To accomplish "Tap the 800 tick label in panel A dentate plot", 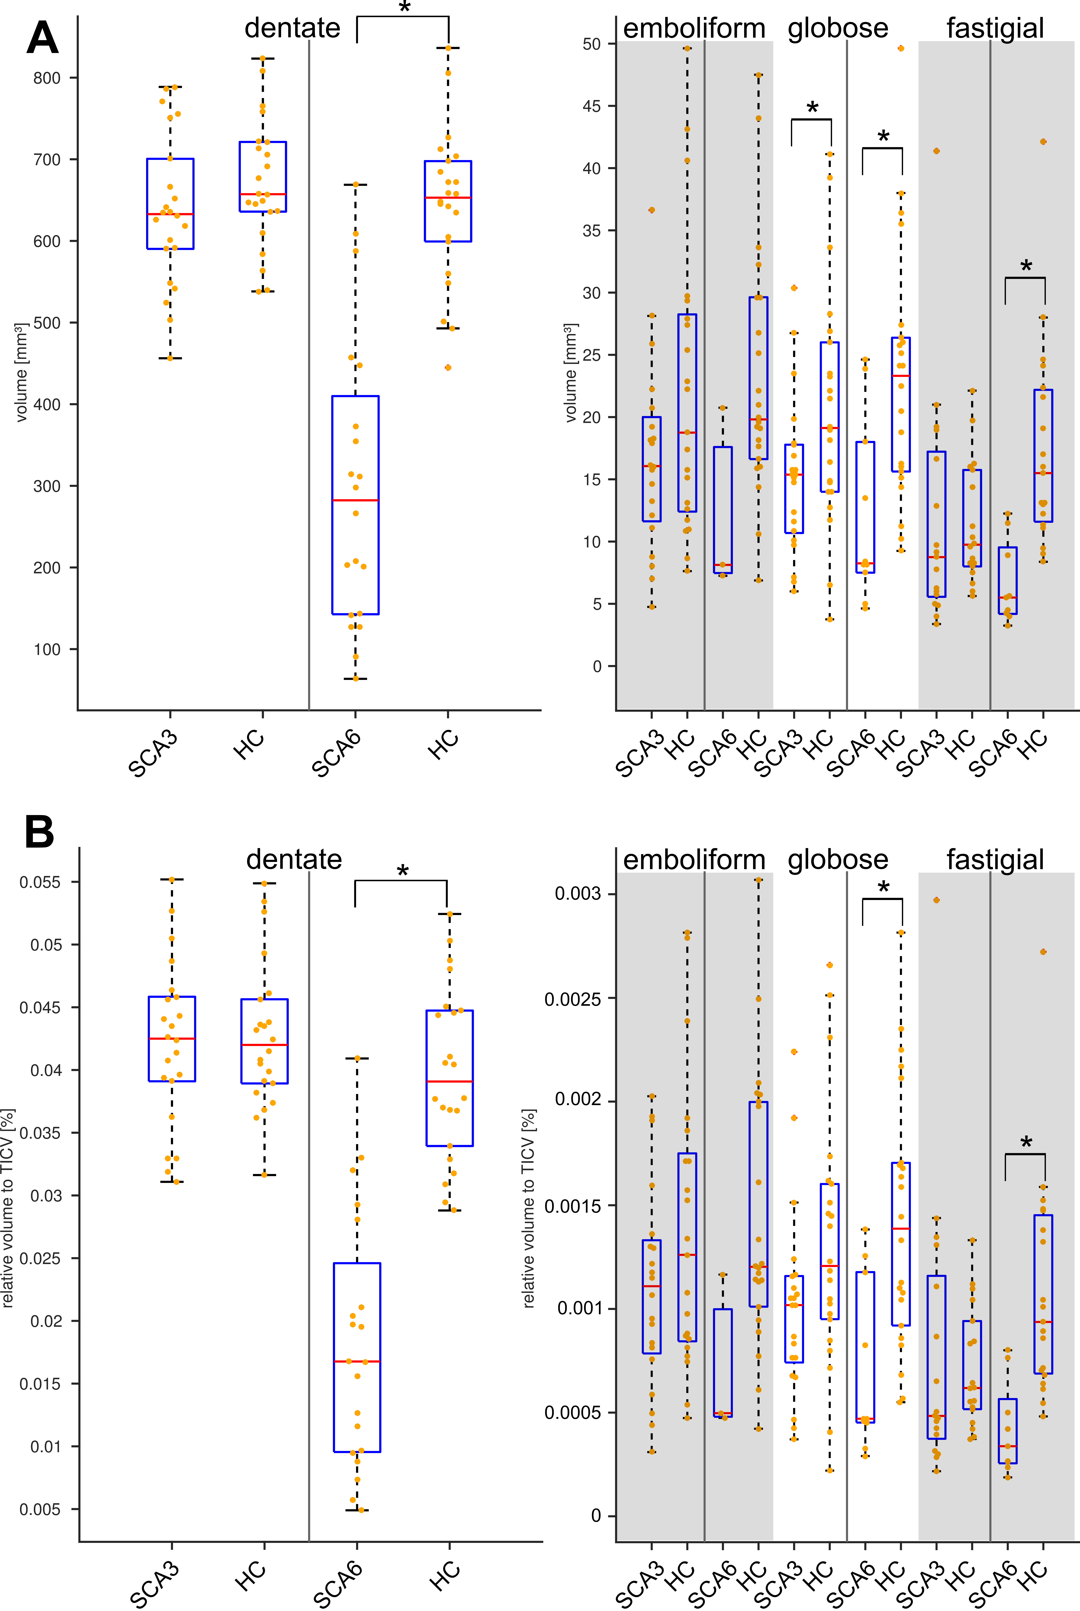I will [x=47, y=78].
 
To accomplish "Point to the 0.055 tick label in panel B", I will [x=40, y=882].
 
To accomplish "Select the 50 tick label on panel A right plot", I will [x=592, y=44].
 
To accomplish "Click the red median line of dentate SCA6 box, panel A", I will [x=355, y=500].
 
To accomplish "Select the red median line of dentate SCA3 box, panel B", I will [x=172, y=1038].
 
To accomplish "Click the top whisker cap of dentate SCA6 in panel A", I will [x=355, y=185].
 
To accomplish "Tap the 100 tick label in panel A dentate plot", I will [x=47, y=649].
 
